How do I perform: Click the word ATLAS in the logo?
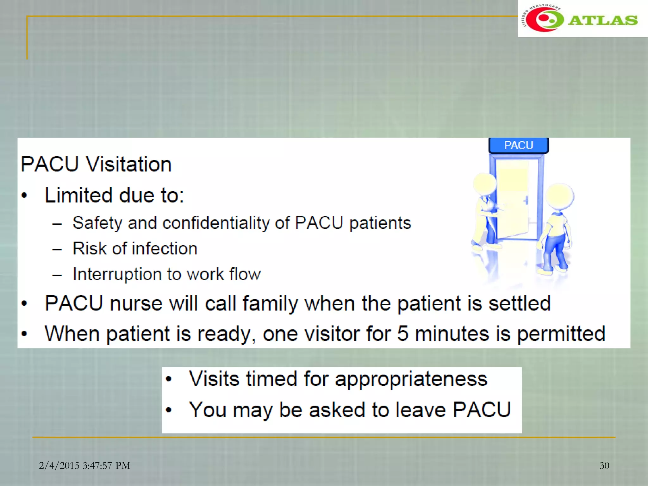[602, 20]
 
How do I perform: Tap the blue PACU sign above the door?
[518, 145]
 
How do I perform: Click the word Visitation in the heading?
[128, 164]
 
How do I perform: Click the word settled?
[520, 303]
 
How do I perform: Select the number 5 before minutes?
[402, 333]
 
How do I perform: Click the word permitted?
[561, 333]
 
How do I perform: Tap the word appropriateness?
[411, 379]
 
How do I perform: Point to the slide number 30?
[604, 465]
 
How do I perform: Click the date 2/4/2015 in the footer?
[59, 465]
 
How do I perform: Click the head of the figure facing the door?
[559, 196]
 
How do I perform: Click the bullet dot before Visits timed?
[169, 379]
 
